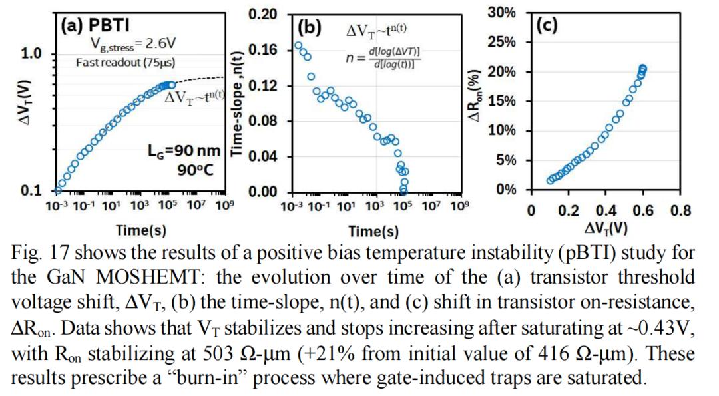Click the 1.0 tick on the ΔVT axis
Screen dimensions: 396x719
tap(33, 54)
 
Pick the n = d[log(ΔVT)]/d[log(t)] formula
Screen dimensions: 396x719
tap(386, 58)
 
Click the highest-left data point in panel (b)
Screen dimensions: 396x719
tap(298, 46)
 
